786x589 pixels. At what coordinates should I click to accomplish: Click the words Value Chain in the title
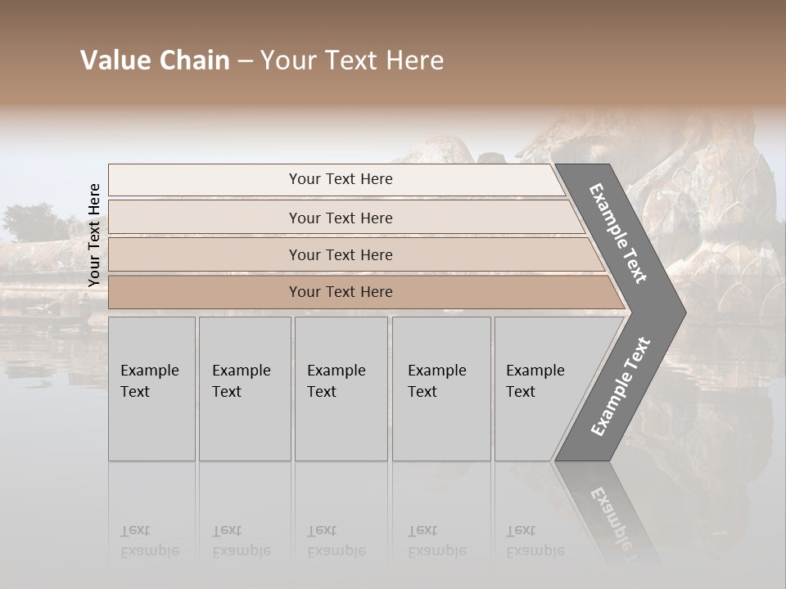155,61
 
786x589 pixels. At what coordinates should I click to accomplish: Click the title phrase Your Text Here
352,61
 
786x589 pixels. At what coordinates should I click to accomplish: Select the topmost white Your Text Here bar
340,179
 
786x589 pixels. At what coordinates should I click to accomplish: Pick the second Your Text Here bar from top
340,218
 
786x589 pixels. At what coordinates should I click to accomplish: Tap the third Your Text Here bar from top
340,254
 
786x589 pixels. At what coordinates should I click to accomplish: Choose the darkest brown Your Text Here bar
340,292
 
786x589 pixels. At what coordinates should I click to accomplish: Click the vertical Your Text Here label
94,235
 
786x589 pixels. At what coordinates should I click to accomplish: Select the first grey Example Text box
151,389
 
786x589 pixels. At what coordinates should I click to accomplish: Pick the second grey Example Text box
245,389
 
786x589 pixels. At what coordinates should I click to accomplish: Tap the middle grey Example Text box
341,389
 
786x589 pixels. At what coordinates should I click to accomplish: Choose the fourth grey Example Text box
441,389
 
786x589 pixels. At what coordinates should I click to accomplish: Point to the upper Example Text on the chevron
618,233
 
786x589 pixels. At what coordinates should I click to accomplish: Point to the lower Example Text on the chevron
621,386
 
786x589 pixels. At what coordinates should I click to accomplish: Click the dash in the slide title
245,61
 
